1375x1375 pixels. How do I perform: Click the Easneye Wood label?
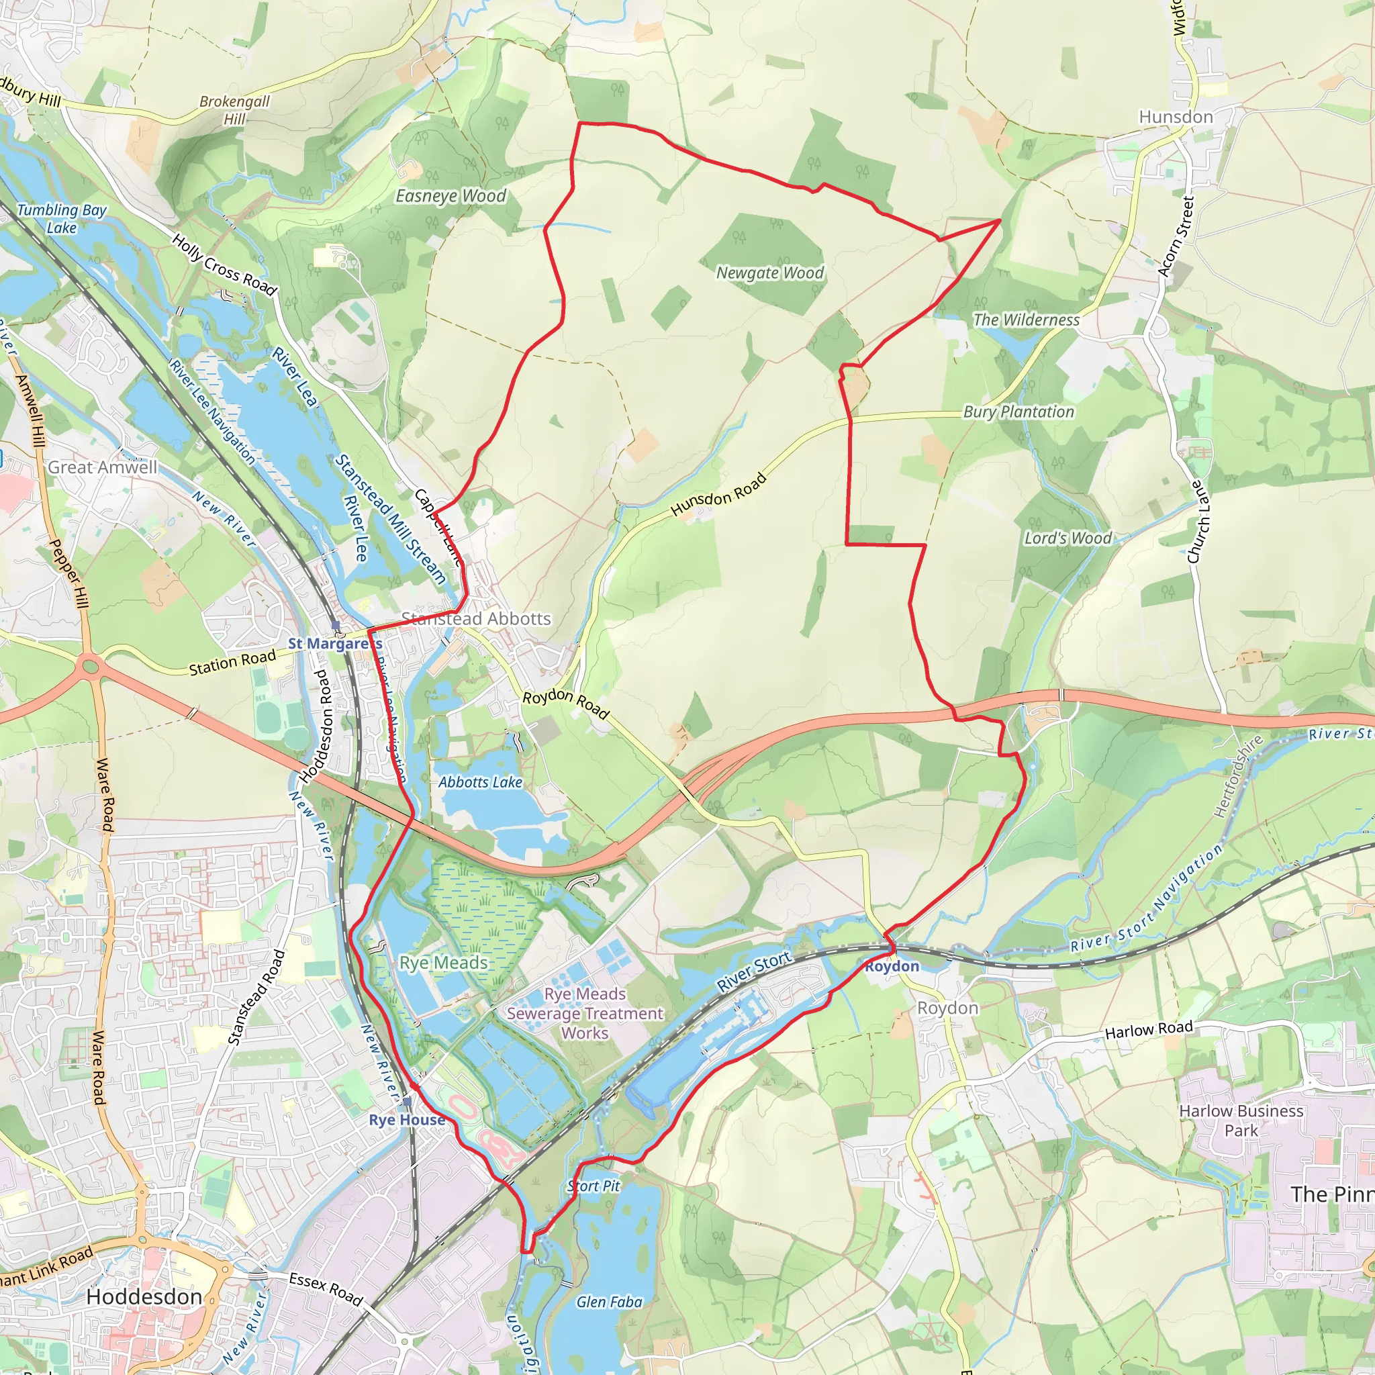(x=451, y=196)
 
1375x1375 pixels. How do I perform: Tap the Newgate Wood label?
(x=769, y=273)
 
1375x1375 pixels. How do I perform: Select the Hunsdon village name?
(x=1176, y=117)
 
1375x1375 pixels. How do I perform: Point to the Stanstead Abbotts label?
(x=476, y=618)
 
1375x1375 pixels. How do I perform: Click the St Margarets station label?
(x=334, y=643)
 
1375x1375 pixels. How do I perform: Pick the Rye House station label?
(x=406, y=1119)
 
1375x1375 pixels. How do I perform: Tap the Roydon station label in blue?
(x=892, y=965)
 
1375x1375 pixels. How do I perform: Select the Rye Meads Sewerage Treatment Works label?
(x=584, y=1013)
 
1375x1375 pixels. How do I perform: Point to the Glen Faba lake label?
(x=609, y=1302)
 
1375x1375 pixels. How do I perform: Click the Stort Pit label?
(x=594, y=1186)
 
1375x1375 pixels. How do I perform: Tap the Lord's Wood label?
(x=1068, y=538)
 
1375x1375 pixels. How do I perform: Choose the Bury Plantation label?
(x=1018, y=412)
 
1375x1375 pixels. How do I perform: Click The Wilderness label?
(x=1026, y=320)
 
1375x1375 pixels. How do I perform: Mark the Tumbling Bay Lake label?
(x=61, y=218)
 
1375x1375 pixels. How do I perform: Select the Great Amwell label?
(x=103, y=467)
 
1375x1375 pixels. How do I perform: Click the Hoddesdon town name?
(x=144, y=1296)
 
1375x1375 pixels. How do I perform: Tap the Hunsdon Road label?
(x=718, y=495)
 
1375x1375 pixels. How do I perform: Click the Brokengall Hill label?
(x=234, y=109)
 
